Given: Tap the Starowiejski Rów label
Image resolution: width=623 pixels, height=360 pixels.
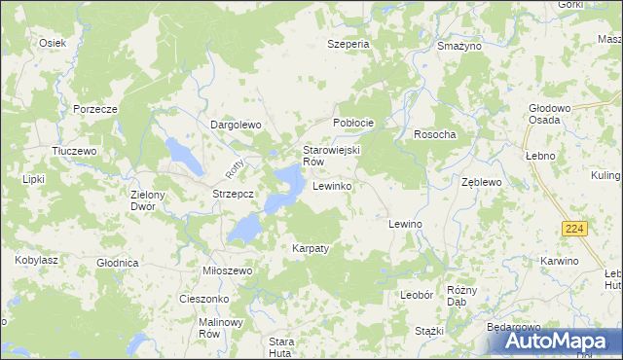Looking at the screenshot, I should pos(331,156).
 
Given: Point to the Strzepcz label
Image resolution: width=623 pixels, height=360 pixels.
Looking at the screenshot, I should pos(233,194).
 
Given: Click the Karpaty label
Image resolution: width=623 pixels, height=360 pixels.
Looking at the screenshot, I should pos(311,248).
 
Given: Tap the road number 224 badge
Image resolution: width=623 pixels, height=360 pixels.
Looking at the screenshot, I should pos(572,228).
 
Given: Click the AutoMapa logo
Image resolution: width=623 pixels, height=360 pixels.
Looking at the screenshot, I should pos(555,341).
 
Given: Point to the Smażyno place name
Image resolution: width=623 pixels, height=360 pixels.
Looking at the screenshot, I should pos(459,46).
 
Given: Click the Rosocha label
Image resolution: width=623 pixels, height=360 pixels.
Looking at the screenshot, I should pos(435,134).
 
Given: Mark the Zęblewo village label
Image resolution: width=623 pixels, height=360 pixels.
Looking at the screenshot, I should pos(481,182).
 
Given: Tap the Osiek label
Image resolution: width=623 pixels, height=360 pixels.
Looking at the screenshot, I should pos(52,43).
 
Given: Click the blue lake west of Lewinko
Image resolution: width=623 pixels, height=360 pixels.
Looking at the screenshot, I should pos(285,181).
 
